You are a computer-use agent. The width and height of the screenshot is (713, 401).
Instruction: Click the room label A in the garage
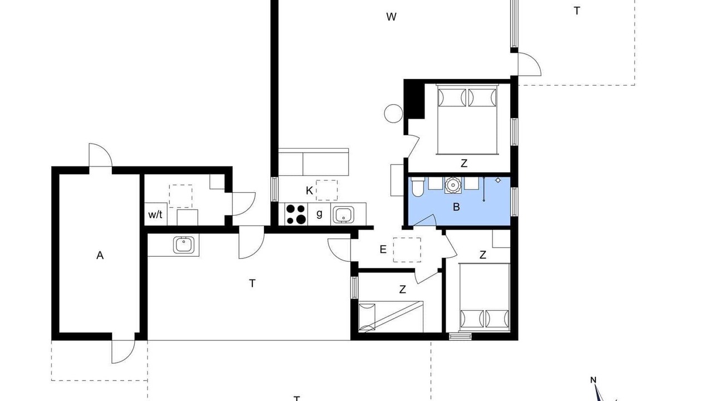point(100,255)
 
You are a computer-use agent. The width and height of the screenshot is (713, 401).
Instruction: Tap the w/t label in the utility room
point(155,215)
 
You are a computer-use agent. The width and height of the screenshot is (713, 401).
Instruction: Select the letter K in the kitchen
point(309,190)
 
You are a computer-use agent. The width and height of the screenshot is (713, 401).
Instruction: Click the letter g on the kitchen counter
point(319,214)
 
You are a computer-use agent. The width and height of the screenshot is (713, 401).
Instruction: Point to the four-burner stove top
point(296,214)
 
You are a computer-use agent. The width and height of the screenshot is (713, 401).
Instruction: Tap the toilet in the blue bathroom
point(416,187)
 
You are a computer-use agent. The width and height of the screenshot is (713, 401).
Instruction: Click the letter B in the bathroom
point(456,207)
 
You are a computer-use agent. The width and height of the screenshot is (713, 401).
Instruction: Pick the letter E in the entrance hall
point(383,249)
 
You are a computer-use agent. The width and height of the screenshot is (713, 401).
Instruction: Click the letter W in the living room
point(391,17)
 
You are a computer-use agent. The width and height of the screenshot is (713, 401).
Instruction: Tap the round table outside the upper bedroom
point(393,114)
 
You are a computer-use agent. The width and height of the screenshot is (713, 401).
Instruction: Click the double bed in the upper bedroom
point(467,120)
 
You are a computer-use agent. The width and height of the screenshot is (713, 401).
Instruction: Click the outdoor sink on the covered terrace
point(184,244)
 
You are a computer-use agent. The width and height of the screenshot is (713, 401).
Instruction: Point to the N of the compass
point(593,380)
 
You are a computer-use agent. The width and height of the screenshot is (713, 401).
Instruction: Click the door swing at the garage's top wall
point(101,155)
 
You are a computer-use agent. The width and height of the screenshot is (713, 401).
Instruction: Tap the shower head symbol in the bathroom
point(498,180)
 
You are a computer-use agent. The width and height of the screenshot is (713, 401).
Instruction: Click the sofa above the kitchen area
point(314,162)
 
